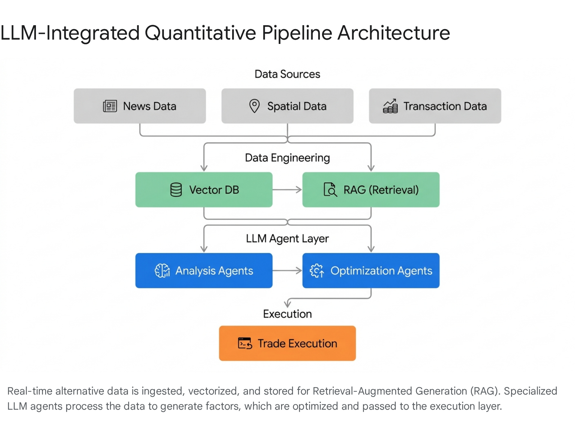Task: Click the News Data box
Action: [140, 106]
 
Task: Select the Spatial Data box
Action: [287, 106]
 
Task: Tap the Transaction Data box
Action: [435, 106]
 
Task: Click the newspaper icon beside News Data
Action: [110, 106]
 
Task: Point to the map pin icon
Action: [254, 106]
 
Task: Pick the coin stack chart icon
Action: [390, 106]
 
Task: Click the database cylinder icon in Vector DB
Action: [176, 190]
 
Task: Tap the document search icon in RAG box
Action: [330, 190]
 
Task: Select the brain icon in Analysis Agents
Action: [162, 271]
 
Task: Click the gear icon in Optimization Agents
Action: [317, 271]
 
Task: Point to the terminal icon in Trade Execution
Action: [245, 343]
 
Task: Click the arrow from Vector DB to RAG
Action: [287, 190]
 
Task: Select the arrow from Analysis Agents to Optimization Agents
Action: [287, 271]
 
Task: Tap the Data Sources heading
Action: [287, 74]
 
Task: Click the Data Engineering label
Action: [287, 158]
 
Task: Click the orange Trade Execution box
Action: [287, 343]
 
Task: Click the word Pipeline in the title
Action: [297, 33]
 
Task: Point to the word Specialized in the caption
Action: [530, 391]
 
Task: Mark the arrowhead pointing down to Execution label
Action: [287, 304]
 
